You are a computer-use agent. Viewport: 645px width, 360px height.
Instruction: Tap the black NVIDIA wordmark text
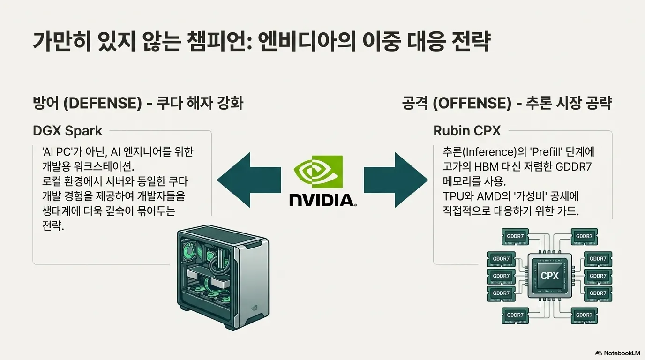(x=322, y=200)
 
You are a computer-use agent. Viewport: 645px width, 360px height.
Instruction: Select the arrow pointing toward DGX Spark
(x=248, y=179)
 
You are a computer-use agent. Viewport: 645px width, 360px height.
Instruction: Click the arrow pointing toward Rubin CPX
(x=396, y=179)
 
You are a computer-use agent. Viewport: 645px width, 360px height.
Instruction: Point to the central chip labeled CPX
(x=549, y=276)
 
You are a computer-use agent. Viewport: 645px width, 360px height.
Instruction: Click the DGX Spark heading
(x=67, y=131)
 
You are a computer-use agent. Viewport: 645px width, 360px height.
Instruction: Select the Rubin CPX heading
(x=467, y=131)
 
